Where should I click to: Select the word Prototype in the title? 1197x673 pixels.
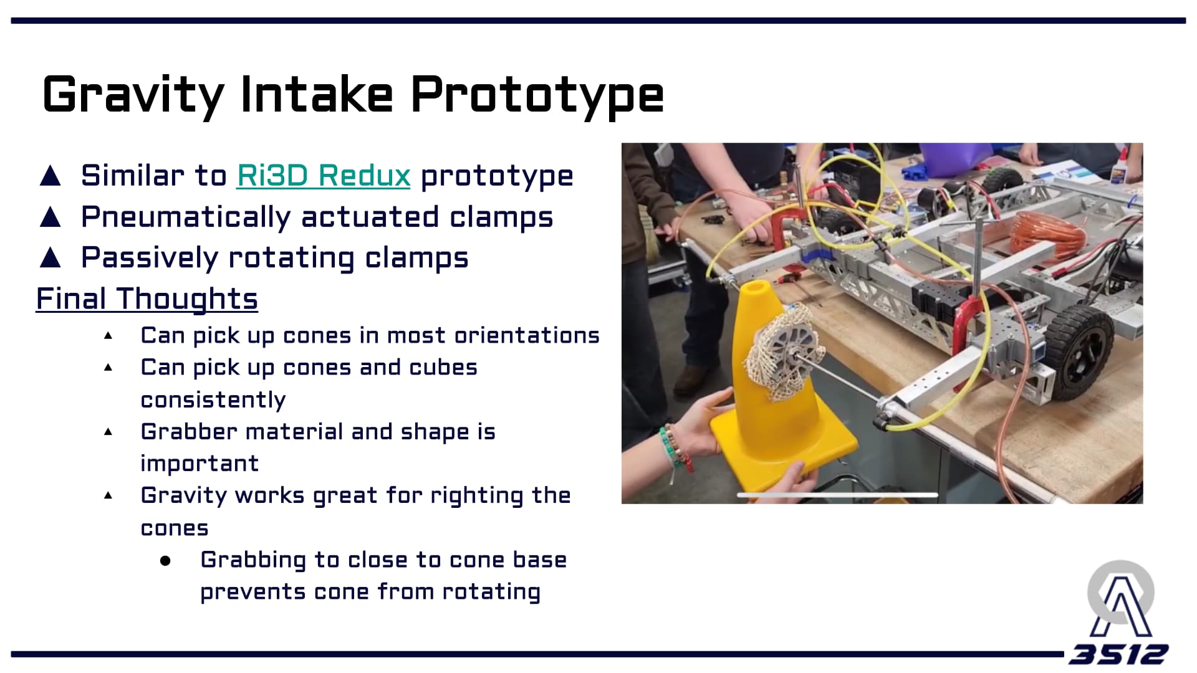pyautogui.click(x=537, y=95)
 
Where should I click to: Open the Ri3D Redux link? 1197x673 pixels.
pyautogui.click(x=324, y=176)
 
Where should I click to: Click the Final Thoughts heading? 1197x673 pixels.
pyautogui.click(x=147, y=298)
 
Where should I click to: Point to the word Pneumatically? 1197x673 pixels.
pyautogui.click(x=186, y=217)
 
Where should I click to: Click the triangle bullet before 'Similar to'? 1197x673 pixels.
pyautogui.click(x=50, y=176)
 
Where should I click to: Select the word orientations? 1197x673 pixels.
pyautogui.click(x=527, y=335)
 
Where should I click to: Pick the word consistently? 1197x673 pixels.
pyautogui.click(x=213, y=399)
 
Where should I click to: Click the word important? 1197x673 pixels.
pyautogui.click(x=199, y=463)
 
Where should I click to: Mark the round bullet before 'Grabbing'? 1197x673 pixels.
pyautogui.click(x=165, y=561)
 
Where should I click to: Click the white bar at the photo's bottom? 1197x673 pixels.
pyautogui.click(x=837, y=495)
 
